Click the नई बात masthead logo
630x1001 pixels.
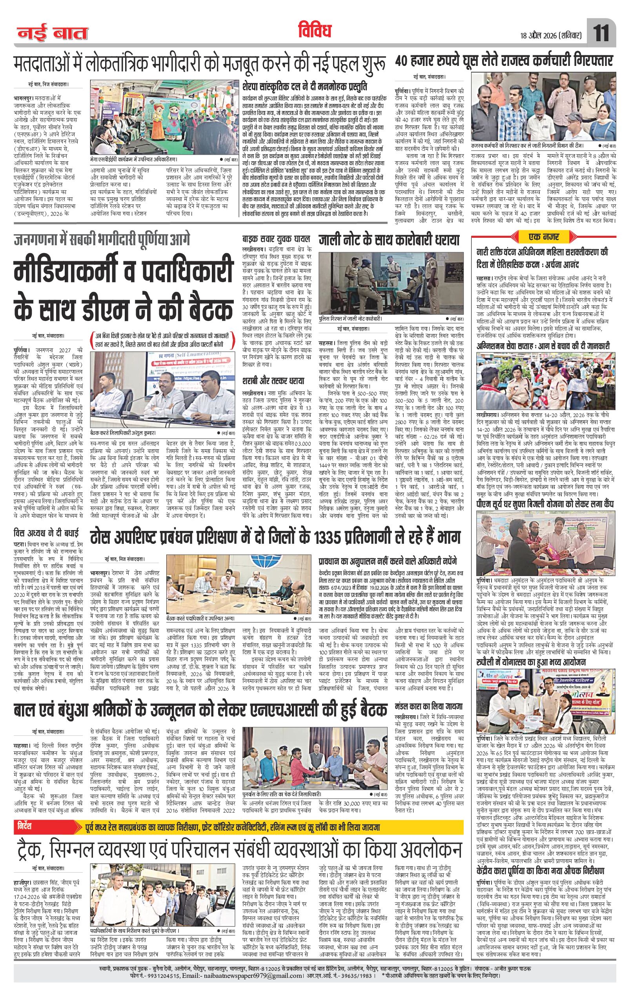click(x=52, y=33)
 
